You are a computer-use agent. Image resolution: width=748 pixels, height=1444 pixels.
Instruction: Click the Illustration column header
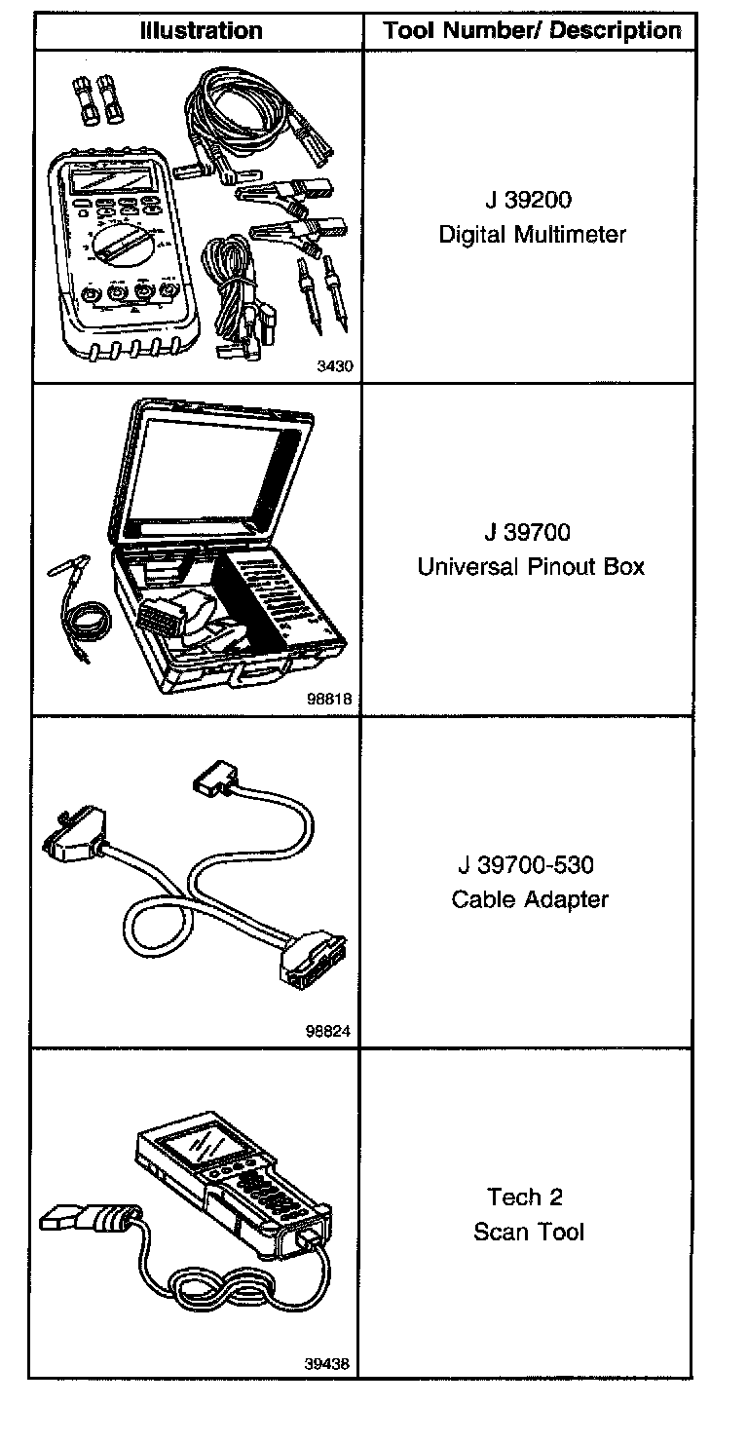click(x=201, y=31)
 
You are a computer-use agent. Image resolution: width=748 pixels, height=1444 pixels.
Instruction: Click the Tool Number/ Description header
click(x=532, y=31)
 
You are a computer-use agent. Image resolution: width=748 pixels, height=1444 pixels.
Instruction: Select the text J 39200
click(x=528, y=201)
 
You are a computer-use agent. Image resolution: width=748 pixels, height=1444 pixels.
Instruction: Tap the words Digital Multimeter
click(x=532, y=235)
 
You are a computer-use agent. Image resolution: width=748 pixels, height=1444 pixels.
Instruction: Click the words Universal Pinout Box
click(x=531, y=567)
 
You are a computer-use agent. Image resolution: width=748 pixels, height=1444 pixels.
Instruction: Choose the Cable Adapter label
click(x=530, y=899)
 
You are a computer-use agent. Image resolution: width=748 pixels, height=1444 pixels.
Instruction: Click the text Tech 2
click(x=525, y=1197)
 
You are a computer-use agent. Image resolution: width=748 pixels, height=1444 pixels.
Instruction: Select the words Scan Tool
click(x=529, y=1232)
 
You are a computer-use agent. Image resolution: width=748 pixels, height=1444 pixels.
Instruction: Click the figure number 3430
click(x=333, y=367)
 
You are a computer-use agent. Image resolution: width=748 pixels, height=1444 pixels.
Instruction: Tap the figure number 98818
click(x=328, y=700)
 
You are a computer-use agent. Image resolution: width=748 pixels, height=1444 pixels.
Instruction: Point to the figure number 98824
click(x=328, y=1032)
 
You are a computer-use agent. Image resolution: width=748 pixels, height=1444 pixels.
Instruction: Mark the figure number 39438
click(x=328, y=1364)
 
